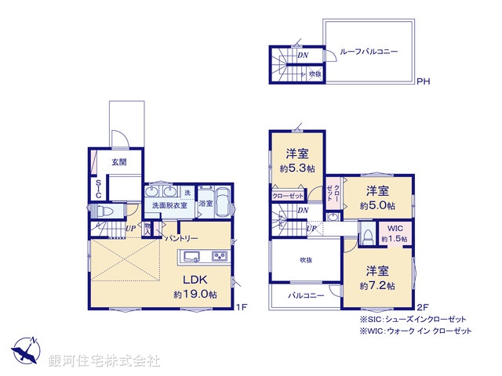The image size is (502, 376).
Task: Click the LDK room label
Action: pos(195,280)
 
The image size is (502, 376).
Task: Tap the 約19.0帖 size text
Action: pos(195,295)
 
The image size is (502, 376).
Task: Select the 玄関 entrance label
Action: pos(118,162)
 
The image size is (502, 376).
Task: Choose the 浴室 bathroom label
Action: pos(206,204)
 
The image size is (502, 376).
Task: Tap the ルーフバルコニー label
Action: pos(369,51)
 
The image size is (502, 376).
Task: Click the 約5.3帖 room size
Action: pos(297,168)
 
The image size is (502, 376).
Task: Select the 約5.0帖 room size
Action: pos(376,205)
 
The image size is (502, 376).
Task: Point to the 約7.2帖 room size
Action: pos(377,286)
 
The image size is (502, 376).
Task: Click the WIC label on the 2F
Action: pos(394,229)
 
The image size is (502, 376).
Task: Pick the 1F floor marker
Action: pos(242,307)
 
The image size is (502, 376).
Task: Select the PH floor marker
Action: pos(423,81)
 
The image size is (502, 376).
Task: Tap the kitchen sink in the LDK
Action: pos(191,255)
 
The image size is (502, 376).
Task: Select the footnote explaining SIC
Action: pos(413,320)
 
